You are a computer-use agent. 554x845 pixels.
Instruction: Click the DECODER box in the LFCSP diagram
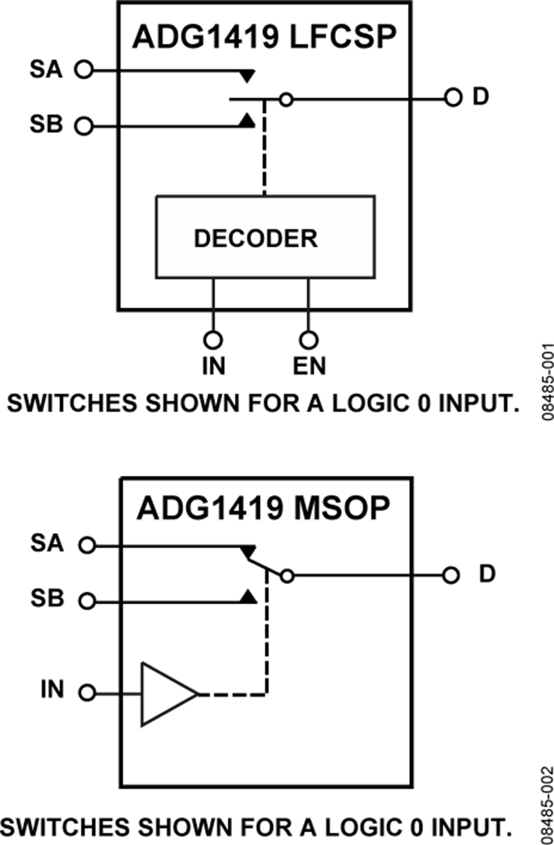click(x=265, y=237)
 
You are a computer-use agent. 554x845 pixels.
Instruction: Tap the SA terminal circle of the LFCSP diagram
click(x=84, y=70)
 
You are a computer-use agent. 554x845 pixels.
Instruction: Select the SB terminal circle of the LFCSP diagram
click(x=84, y=127)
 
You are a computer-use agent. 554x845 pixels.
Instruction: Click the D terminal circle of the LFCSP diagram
click(x=453, y=98)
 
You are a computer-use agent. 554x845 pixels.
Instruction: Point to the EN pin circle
click(x=308, y=340)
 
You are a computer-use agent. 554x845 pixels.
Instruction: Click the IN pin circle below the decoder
click(x=213, y=340)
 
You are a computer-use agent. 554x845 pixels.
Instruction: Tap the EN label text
click(x=309, y=366)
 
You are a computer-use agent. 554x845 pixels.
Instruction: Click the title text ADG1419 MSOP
click(x=263, y=508)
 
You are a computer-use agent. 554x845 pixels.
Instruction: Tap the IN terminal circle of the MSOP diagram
click(x=87, y=693)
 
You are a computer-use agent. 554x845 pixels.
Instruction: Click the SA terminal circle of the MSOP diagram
click(x=87, y=545)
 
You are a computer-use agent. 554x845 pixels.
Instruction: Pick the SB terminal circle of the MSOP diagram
click(x=87, y=601)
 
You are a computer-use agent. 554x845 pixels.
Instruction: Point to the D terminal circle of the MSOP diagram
click(x=451, y=575)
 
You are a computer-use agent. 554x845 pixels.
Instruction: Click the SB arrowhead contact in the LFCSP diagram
click(x=247, y=121)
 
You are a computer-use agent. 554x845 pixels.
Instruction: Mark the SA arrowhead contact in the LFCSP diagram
click(x=247, y=76)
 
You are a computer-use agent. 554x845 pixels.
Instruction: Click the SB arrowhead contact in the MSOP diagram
click(x=248, y=596)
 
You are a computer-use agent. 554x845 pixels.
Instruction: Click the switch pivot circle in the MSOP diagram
click(x=286, y=576)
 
